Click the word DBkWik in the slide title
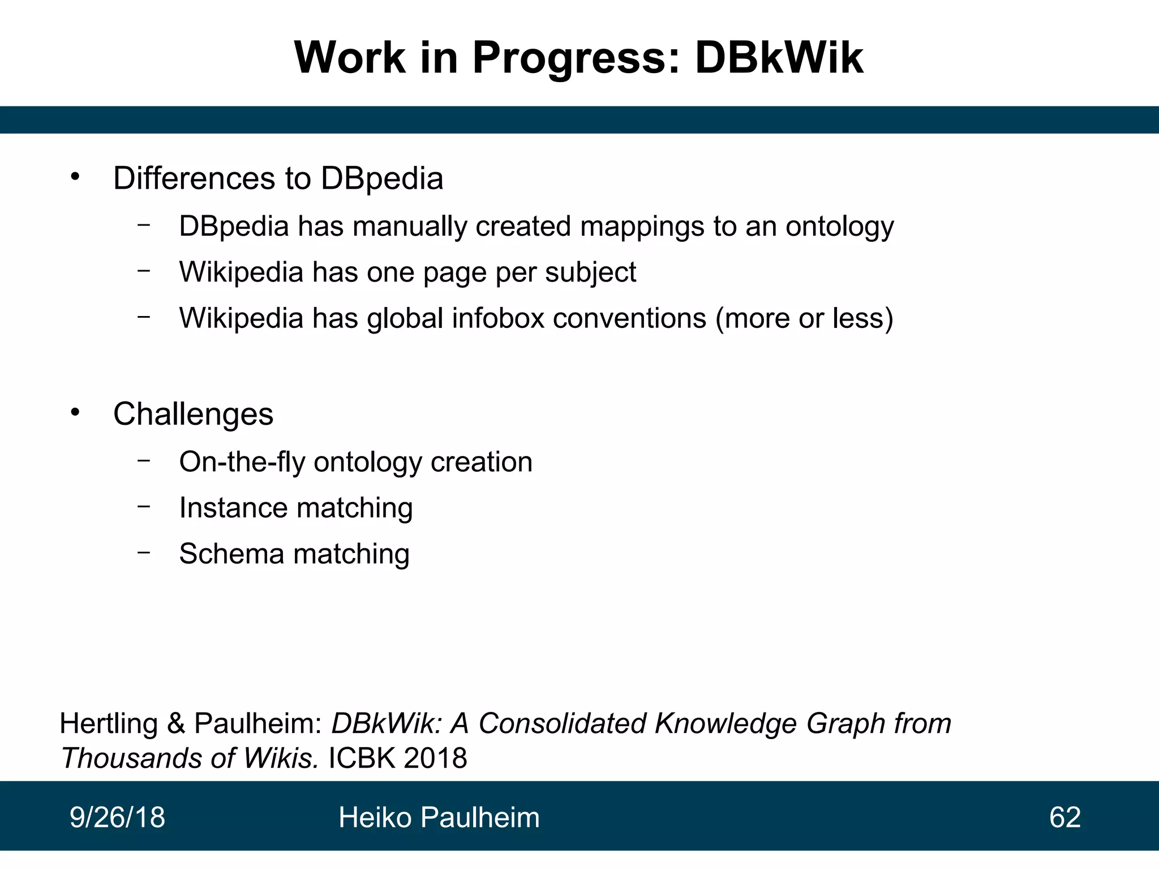pos(779,58)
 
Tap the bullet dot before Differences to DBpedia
pos(76,177)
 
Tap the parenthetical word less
pos(857,318)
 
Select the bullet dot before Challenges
pos(76,412)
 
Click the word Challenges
pos(193,414)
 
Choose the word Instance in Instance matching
pos(231,507)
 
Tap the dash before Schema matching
pos(144,552)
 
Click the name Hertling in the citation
pos(108,724)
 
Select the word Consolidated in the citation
pos(562,723)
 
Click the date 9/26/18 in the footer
pos(117,817)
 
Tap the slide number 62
pos(1064,817)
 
